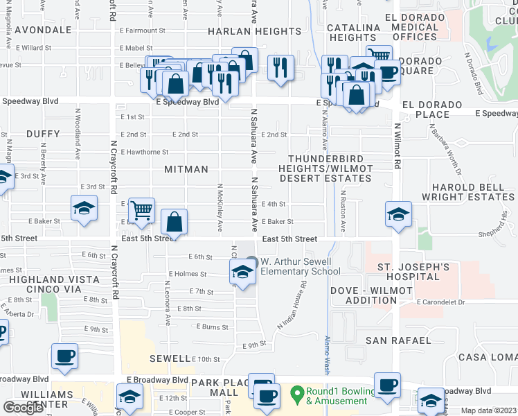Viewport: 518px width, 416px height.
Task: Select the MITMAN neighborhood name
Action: (x=186, y=169)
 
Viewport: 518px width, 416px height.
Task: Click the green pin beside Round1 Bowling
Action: (x=297, y=392)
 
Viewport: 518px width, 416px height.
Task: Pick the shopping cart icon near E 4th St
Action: (x=141, y=209)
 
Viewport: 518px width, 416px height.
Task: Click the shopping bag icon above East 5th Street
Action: (x=175, y=223)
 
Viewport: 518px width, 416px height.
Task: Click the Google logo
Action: (x=23, y=408)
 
